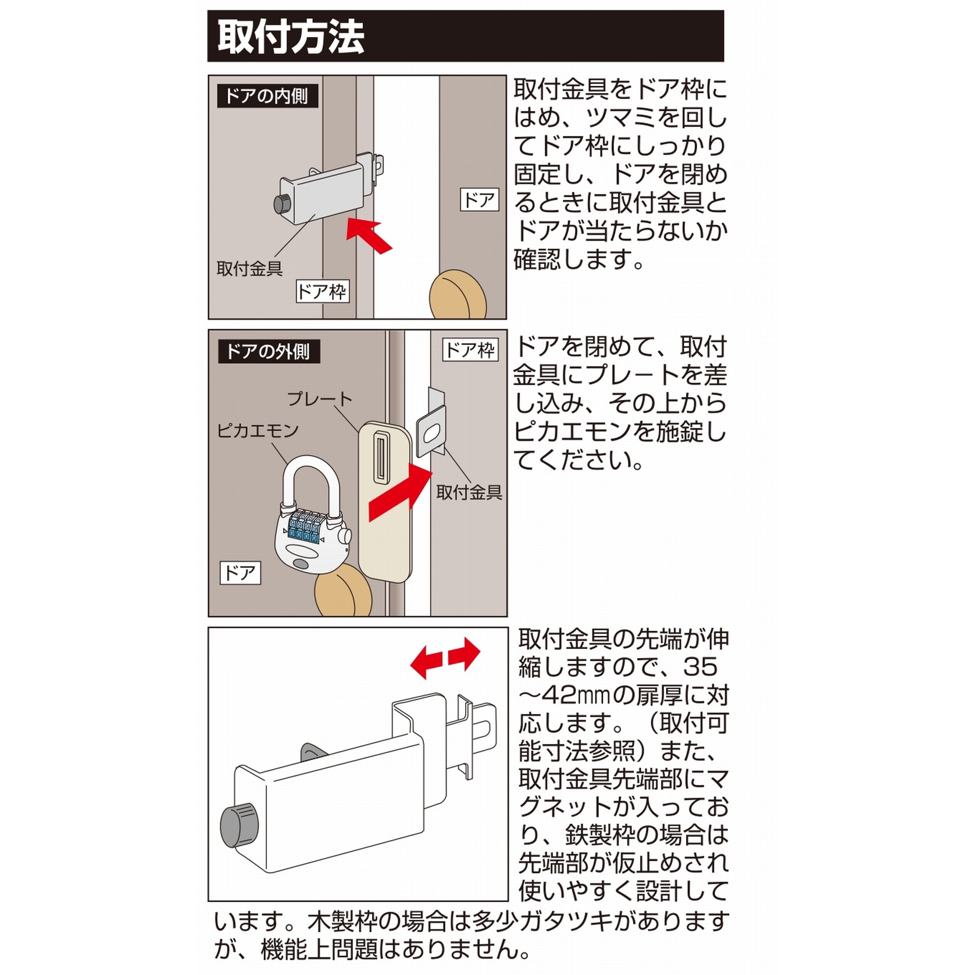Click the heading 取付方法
click(291, 37)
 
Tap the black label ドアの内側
click(267, 96)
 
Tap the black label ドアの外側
click(268, 352)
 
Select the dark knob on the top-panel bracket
click(283, 203)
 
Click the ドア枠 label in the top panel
click(322, 291)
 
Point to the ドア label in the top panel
click(479, 200)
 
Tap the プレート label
click(319, 399)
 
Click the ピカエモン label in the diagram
click(258, 431)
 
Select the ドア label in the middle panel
click(240, 573)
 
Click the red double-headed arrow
click(445, 658)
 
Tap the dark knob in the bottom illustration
click(239, 826)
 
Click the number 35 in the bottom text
click(699, 667)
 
